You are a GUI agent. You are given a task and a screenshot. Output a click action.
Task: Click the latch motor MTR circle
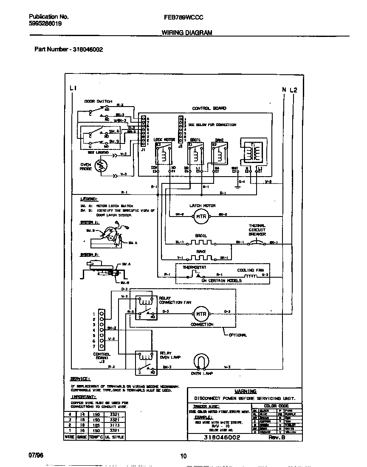point(200,216)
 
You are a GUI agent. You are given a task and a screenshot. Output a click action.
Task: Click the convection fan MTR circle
point(200,314)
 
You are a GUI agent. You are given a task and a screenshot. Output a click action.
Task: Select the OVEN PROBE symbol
point(101,167)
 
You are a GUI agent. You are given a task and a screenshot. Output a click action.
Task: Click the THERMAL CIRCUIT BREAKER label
point(257,230)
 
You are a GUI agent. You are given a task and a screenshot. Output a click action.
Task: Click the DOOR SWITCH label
point(98,101)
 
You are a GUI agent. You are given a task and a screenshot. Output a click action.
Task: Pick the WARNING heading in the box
point(246,391)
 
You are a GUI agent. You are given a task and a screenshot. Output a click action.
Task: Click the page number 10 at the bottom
point(183,456)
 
